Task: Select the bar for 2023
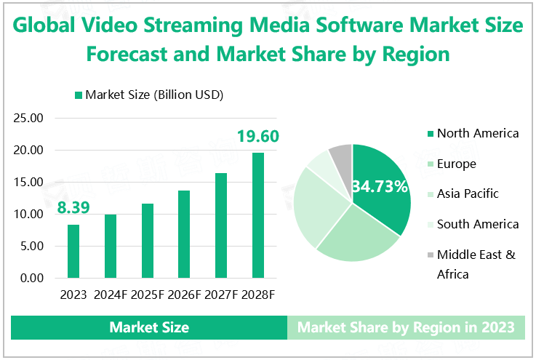pos(73,251)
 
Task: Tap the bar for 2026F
pos(184,234)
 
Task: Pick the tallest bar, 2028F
pos(257,215)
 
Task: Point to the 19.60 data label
pos(256,136)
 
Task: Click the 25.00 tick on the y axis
pos(30,119)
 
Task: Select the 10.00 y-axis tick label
pos(30,215)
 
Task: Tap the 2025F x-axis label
pos(148,295)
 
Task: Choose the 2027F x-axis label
pos(221,295)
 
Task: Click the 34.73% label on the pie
pos(380,187)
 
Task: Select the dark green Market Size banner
pos(149,328)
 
